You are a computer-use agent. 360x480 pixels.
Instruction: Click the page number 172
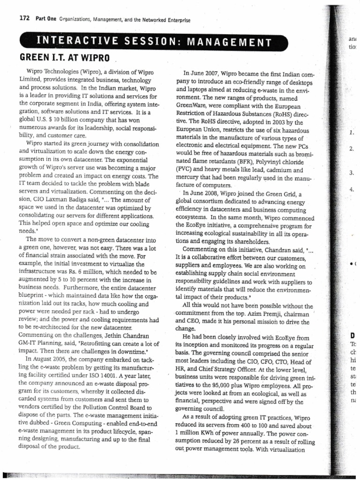(24, 19)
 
